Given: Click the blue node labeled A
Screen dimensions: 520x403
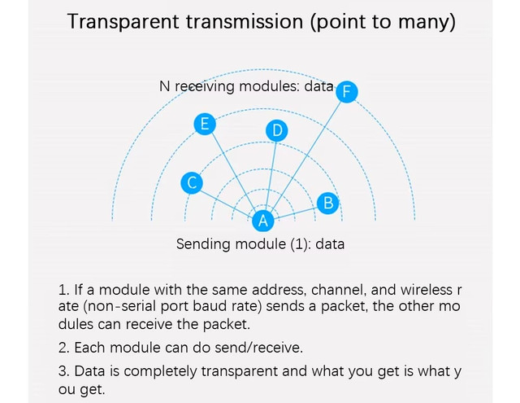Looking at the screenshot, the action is pos(263,221).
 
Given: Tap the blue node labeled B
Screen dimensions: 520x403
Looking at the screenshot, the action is pos(327,203).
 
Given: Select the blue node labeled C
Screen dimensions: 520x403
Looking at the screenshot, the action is pos(192,183).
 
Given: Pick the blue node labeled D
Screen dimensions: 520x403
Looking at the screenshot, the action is pos(277,130).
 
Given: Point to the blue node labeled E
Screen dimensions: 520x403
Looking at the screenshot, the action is pos(205,124).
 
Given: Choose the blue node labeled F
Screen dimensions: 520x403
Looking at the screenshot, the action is pos(347,91).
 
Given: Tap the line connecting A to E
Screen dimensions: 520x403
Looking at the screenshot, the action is pos(234,172).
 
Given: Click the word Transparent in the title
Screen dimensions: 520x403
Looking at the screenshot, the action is pos(123,22).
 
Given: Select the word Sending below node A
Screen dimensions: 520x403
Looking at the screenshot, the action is pos(204,244).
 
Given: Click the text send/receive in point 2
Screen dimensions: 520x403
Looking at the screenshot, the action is pos(258,348).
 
